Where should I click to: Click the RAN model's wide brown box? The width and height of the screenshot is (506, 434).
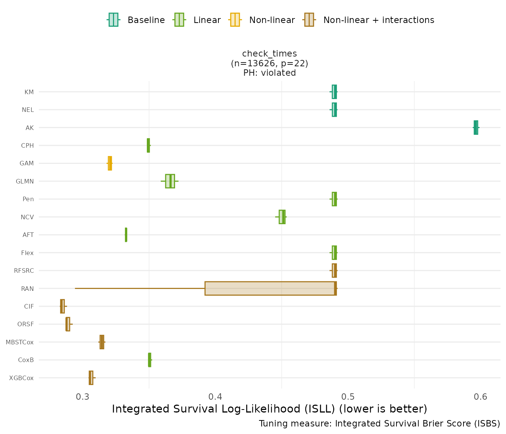pyautogui.click(x=270, y=288)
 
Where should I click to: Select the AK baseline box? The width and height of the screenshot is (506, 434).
pyautogui.click(x=476, y=127)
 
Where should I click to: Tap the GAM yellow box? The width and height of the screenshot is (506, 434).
pyautogui.click(x=110, y=163)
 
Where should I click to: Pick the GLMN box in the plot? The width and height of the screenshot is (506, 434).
pyautogui.click(x=170, y=181)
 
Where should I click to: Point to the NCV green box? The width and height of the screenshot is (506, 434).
pyautogui.click(x=282, y=217)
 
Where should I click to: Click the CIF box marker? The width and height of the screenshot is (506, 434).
pyautogui.click(x=62, y=306)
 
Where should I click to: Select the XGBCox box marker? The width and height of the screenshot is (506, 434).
pyautogui.click(x=91, y=378)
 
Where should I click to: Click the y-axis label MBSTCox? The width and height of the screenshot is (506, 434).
pyautogui.click(x=20, y=342)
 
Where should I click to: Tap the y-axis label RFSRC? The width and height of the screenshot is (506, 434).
pyautogui.click(x=24, y=270)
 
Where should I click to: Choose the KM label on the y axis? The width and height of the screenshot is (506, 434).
pyautogui.click(x=29, y=92)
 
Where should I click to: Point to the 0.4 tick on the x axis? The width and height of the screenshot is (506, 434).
pyautogui.click(x=215, y=397)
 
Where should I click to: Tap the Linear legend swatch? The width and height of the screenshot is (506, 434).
pyautogui.click(x=179, y=20)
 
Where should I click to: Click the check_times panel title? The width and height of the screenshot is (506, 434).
pyautogui.click(x=270, y=53)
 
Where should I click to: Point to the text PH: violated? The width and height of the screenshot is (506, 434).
pyautogui.click(x=270, y=73)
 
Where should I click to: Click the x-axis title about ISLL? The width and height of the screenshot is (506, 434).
pyautogui.click(x=270, y=409)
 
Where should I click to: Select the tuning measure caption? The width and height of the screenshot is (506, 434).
pyautogui.click(x=379, y=423)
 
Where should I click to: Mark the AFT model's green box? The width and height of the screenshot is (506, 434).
pyautogui.click(x=126, y=235)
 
